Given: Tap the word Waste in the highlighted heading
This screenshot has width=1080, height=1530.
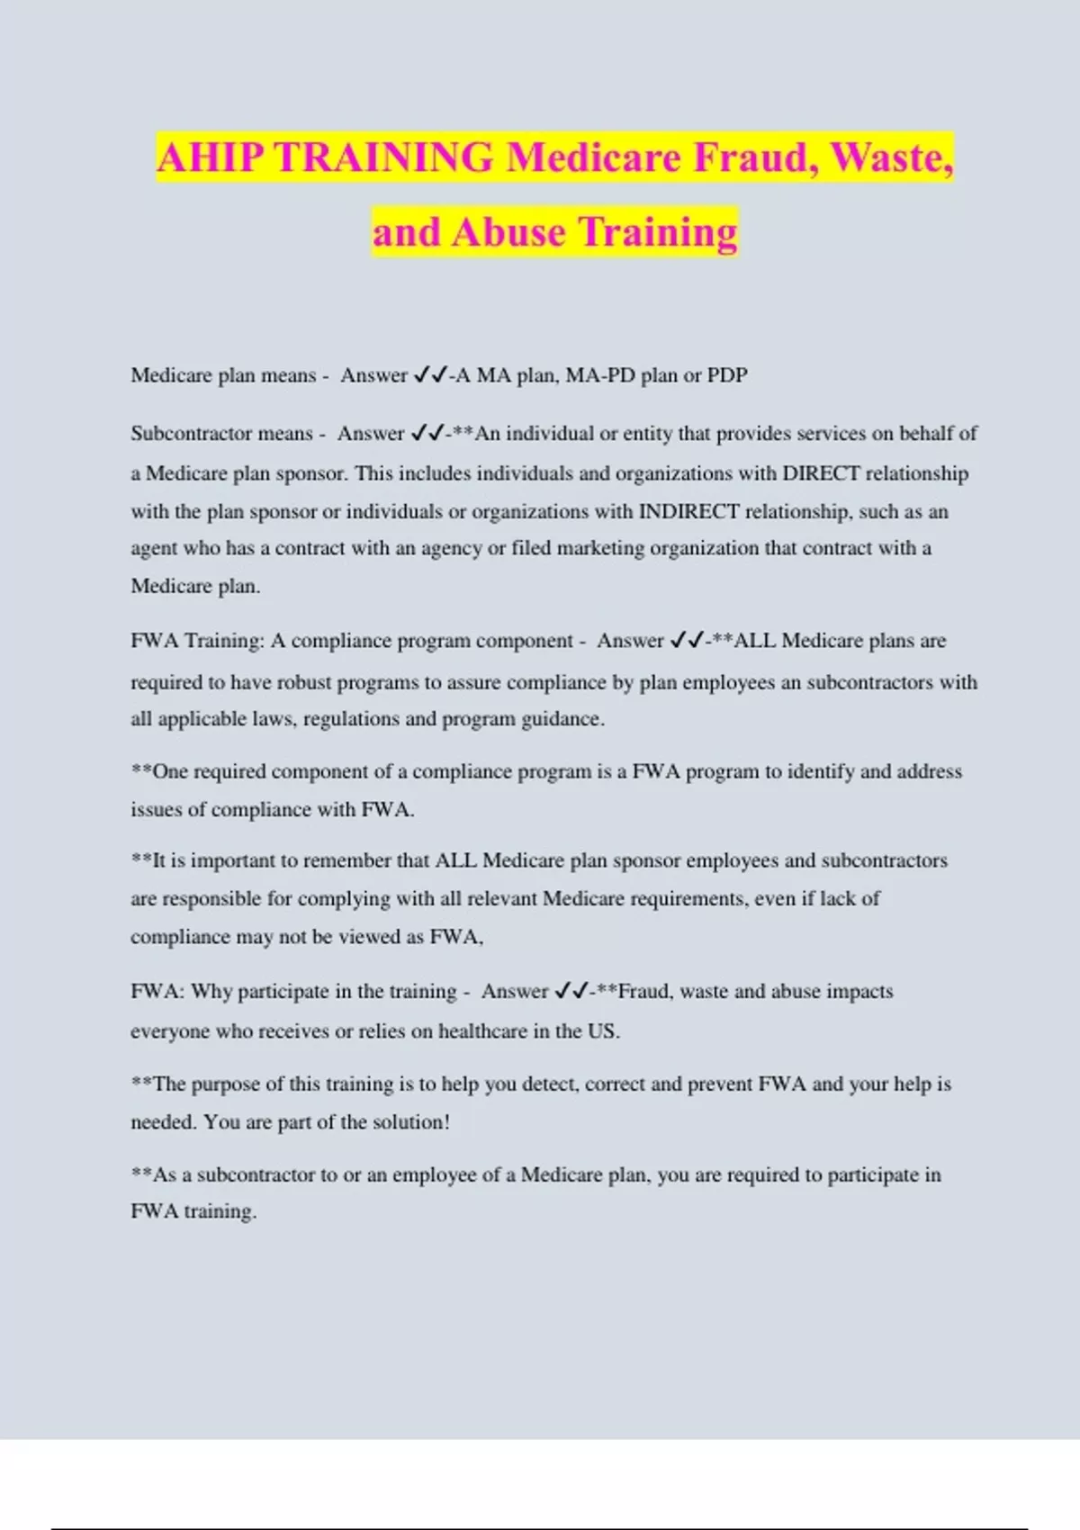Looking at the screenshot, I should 890,158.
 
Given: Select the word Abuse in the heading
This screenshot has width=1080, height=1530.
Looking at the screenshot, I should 509,232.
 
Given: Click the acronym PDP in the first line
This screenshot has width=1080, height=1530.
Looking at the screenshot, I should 727,375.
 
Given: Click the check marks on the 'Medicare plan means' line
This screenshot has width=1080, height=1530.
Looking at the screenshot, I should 429,375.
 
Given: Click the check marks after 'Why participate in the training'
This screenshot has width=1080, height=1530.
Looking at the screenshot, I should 571,992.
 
